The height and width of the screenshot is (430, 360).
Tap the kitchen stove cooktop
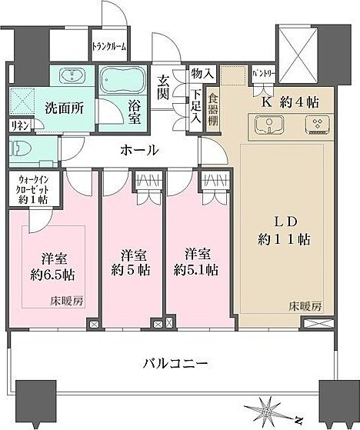click(316, 125)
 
